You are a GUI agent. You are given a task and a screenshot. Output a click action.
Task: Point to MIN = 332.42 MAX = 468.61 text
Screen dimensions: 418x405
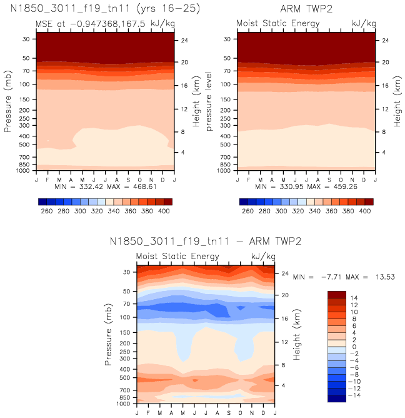(104, 186)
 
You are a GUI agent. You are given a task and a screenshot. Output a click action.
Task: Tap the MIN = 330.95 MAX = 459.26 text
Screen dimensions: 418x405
(306, 186)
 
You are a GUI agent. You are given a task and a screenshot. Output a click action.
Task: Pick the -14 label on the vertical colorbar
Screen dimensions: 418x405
(355, 395)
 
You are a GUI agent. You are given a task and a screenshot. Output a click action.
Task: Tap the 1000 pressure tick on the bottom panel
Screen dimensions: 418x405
(122, 404)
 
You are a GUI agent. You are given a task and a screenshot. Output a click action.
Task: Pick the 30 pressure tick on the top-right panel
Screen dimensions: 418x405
(226, 39)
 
